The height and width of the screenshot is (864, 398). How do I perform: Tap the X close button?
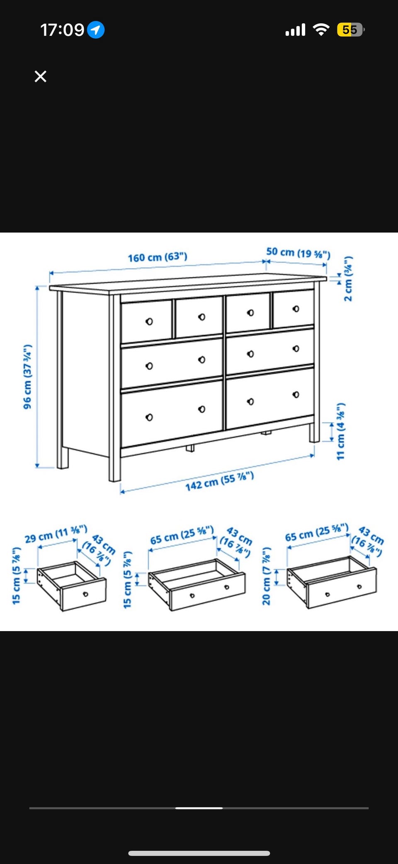(40, 76)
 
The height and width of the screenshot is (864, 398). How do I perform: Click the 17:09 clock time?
(62, 30)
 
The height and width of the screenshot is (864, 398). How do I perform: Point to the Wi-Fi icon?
(321, 29)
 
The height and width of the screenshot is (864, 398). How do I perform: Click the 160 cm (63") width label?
(158, 257)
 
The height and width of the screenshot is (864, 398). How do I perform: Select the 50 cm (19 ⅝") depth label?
(298, 253)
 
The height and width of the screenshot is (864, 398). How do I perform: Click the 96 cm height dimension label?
(27, 377)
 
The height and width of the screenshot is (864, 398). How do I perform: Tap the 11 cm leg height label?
(340, 431)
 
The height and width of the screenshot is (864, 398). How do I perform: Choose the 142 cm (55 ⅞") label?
(219, 481)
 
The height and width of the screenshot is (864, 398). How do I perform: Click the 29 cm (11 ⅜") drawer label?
(56, 534)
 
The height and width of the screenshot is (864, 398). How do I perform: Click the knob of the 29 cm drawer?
(86, 594)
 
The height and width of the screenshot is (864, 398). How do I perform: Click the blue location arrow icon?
(96, 30)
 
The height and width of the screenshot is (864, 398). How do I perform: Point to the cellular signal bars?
(295, 30)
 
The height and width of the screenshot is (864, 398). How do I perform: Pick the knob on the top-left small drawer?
(149, 321)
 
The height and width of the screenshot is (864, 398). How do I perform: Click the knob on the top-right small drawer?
(296, 309)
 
